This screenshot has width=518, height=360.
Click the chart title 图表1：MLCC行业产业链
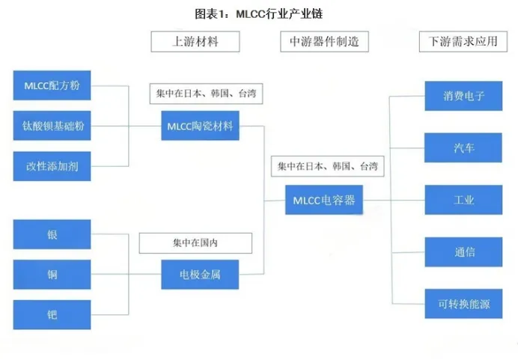point(258,13)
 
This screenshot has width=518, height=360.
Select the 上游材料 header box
point(195,41)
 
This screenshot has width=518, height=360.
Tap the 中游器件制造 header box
point(324,41)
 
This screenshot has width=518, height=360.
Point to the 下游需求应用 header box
point(459,41)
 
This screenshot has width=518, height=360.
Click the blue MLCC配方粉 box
point(52,85)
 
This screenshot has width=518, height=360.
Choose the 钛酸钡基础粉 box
point(52,126)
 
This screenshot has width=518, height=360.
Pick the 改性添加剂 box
point(52,166)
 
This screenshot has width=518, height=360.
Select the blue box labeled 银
point(52,235)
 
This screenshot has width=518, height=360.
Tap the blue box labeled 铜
point(52,275)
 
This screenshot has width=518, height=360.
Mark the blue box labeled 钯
point(52,314)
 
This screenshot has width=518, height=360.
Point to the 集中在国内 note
point(195,243)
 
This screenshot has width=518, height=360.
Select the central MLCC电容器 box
point(324,200)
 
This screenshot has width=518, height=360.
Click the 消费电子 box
point(464,97)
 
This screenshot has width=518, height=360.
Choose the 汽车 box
point(464,148)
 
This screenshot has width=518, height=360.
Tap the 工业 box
point(464,200)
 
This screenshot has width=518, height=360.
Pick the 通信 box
point(464,251)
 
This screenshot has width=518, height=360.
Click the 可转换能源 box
point(464,303)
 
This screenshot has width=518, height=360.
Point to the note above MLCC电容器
point(327,166)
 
